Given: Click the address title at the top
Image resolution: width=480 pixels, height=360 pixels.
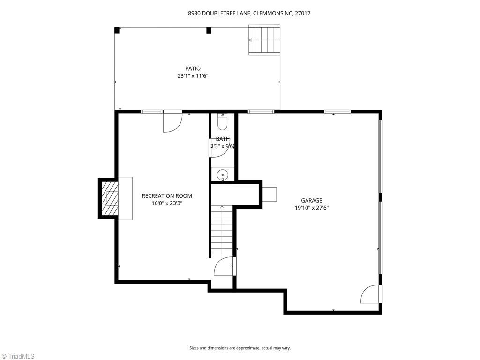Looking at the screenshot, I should (249, 14).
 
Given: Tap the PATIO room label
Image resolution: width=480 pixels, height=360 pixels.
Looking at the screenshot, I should (193, 68).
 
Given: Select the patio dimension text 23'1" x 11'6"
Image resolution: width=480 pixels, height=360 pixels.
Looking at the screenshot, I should (193, 75).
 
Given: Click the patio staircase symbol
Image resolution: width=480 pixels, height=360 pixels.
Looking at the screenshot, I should (264, 40).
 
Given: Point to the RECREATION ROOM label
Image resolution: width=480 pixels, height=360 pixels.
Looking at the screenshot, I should (167, 196).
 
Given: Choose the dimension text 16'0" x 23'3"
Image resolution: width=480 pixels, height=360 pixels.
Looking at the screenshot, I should (167, 203).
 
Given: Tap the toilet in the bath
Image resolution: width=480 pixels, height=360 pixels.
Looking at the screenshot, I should (222, 122).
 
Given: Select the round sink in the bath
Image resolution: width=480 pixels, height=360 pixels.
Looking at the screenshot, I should (223, 175).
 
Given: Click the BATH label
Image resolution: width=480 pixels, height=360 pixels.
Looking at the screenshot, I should (223, 139).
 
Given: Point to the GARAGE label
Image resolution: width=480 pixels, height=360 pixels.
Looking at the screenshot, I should (311, 201).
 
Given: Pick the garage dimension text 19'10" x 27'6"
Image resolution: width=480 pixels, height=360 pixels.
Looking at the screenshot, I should (311, 208).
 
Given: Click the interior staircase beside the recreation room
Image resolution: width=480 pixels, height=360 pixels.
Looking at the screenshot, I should (222, 230).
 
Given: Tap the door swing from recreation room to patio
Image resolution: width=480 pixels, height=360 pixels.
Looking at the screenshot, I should (172, 122).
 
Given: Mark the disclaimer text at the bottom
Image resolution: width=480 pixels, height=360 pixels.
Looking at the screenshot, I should (240, 348).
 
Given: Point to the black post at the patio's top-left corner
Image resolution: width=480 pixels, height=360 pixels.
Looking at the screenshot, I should (117, 30).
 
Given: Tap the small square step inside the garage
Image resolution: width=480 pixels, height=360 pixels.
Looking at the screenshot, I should (269, 194).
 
